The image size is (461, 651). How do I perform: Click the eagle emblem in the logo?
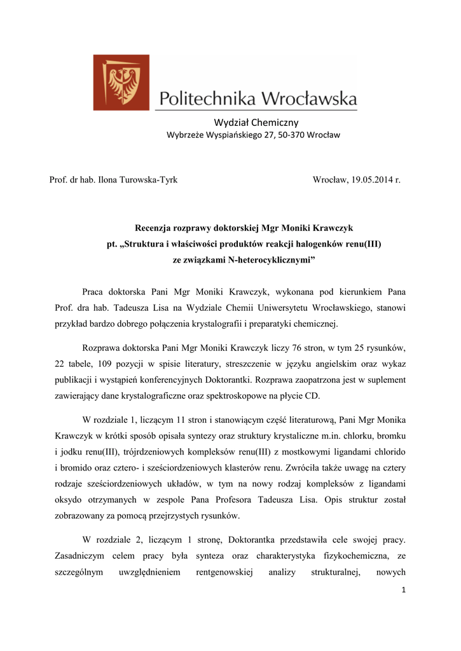(x=121, y=81)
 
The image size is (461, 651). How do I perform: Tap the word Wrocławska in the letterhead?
(x=310, y=99)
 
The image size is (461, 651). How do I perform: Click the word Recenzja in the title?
(x=155, y=228)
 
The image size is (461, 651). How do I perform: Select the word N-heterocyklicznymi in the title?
(x=272, y=259)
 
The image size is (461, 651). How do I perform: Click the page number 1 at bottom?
(x=403, y=590)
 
